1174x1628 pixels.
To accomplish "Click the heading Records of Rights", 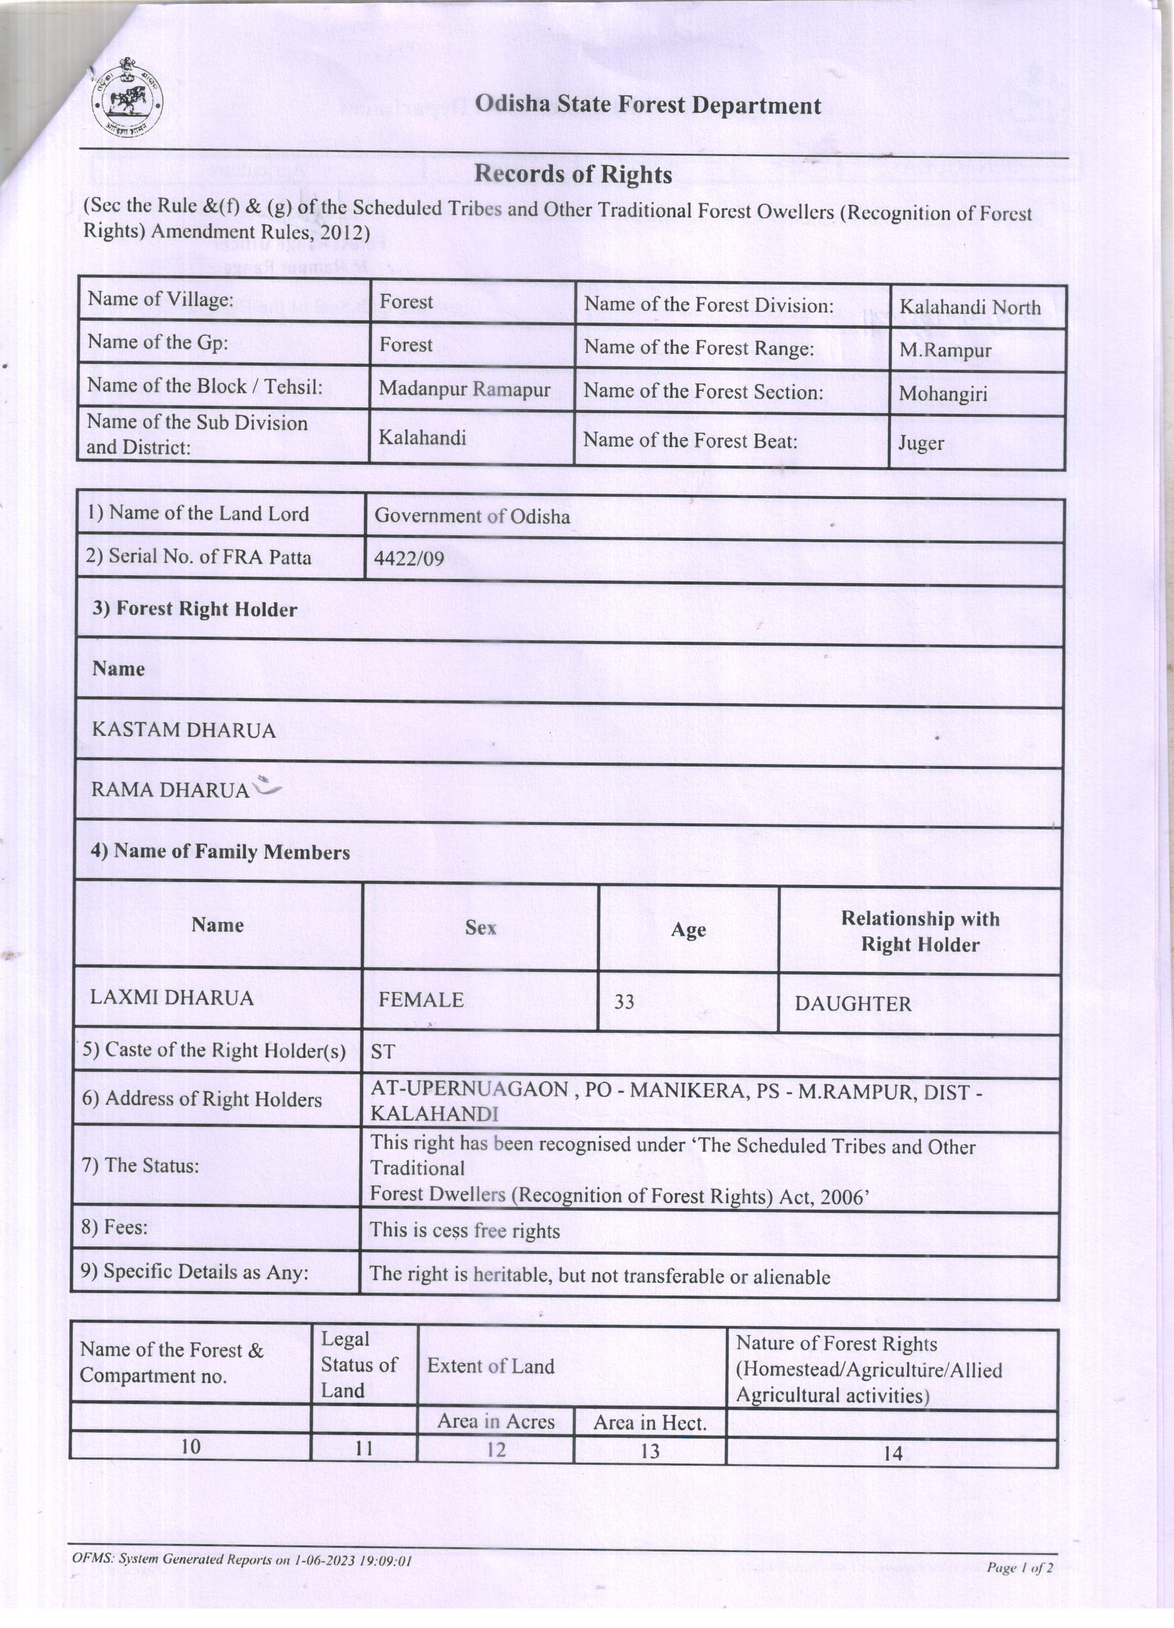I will click(573, 175).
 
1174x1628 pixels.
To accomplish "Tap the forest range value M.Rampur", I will click(945, 350).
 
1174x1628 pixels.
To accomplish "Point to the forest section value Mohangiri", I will click(943, 393).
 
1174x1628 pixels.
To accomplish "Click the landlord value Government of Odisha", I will click(472, 516).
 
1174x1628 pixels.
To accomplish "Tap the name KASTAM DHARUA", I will click(184, 730).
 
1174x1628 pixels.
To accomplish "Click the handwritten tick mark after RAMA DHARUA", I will click(267, 787).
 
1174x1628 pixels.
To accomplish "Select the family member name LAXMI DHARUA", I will click(172, 998).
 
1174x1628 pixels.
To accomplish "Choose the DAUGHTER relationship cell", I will click(853, 1004).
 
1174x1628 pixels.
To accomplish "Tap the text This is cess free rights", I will click(464, 1230).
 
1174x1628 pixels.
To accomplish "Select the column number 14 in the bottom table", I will click(893, 1453).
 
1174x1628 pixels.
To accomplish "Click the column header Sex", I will click(480, 928).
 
